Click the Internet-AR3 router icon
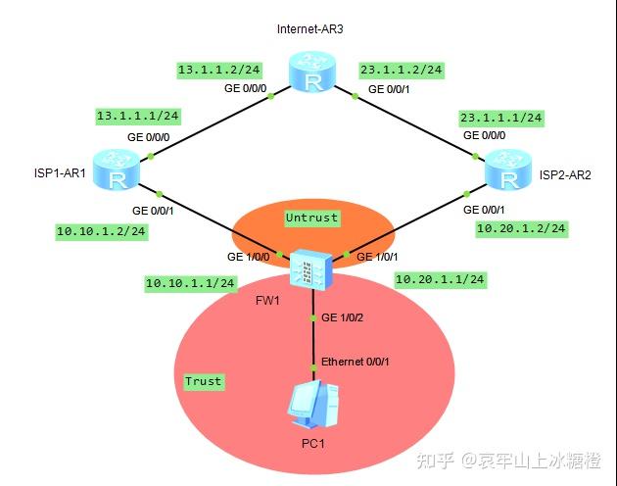(312, 74)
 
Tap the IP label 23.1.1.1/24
(500, 118)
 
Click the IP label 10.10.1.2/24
(102, 231)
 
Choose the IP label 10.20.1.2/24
(521, 228)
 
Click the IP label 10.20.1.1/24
(441, 279)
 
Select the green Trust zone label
(203, 381)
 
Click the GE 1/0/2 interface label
(342, 318)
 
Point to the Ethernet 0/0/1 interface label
(356, 363)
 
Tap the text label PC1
(313, 444)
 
